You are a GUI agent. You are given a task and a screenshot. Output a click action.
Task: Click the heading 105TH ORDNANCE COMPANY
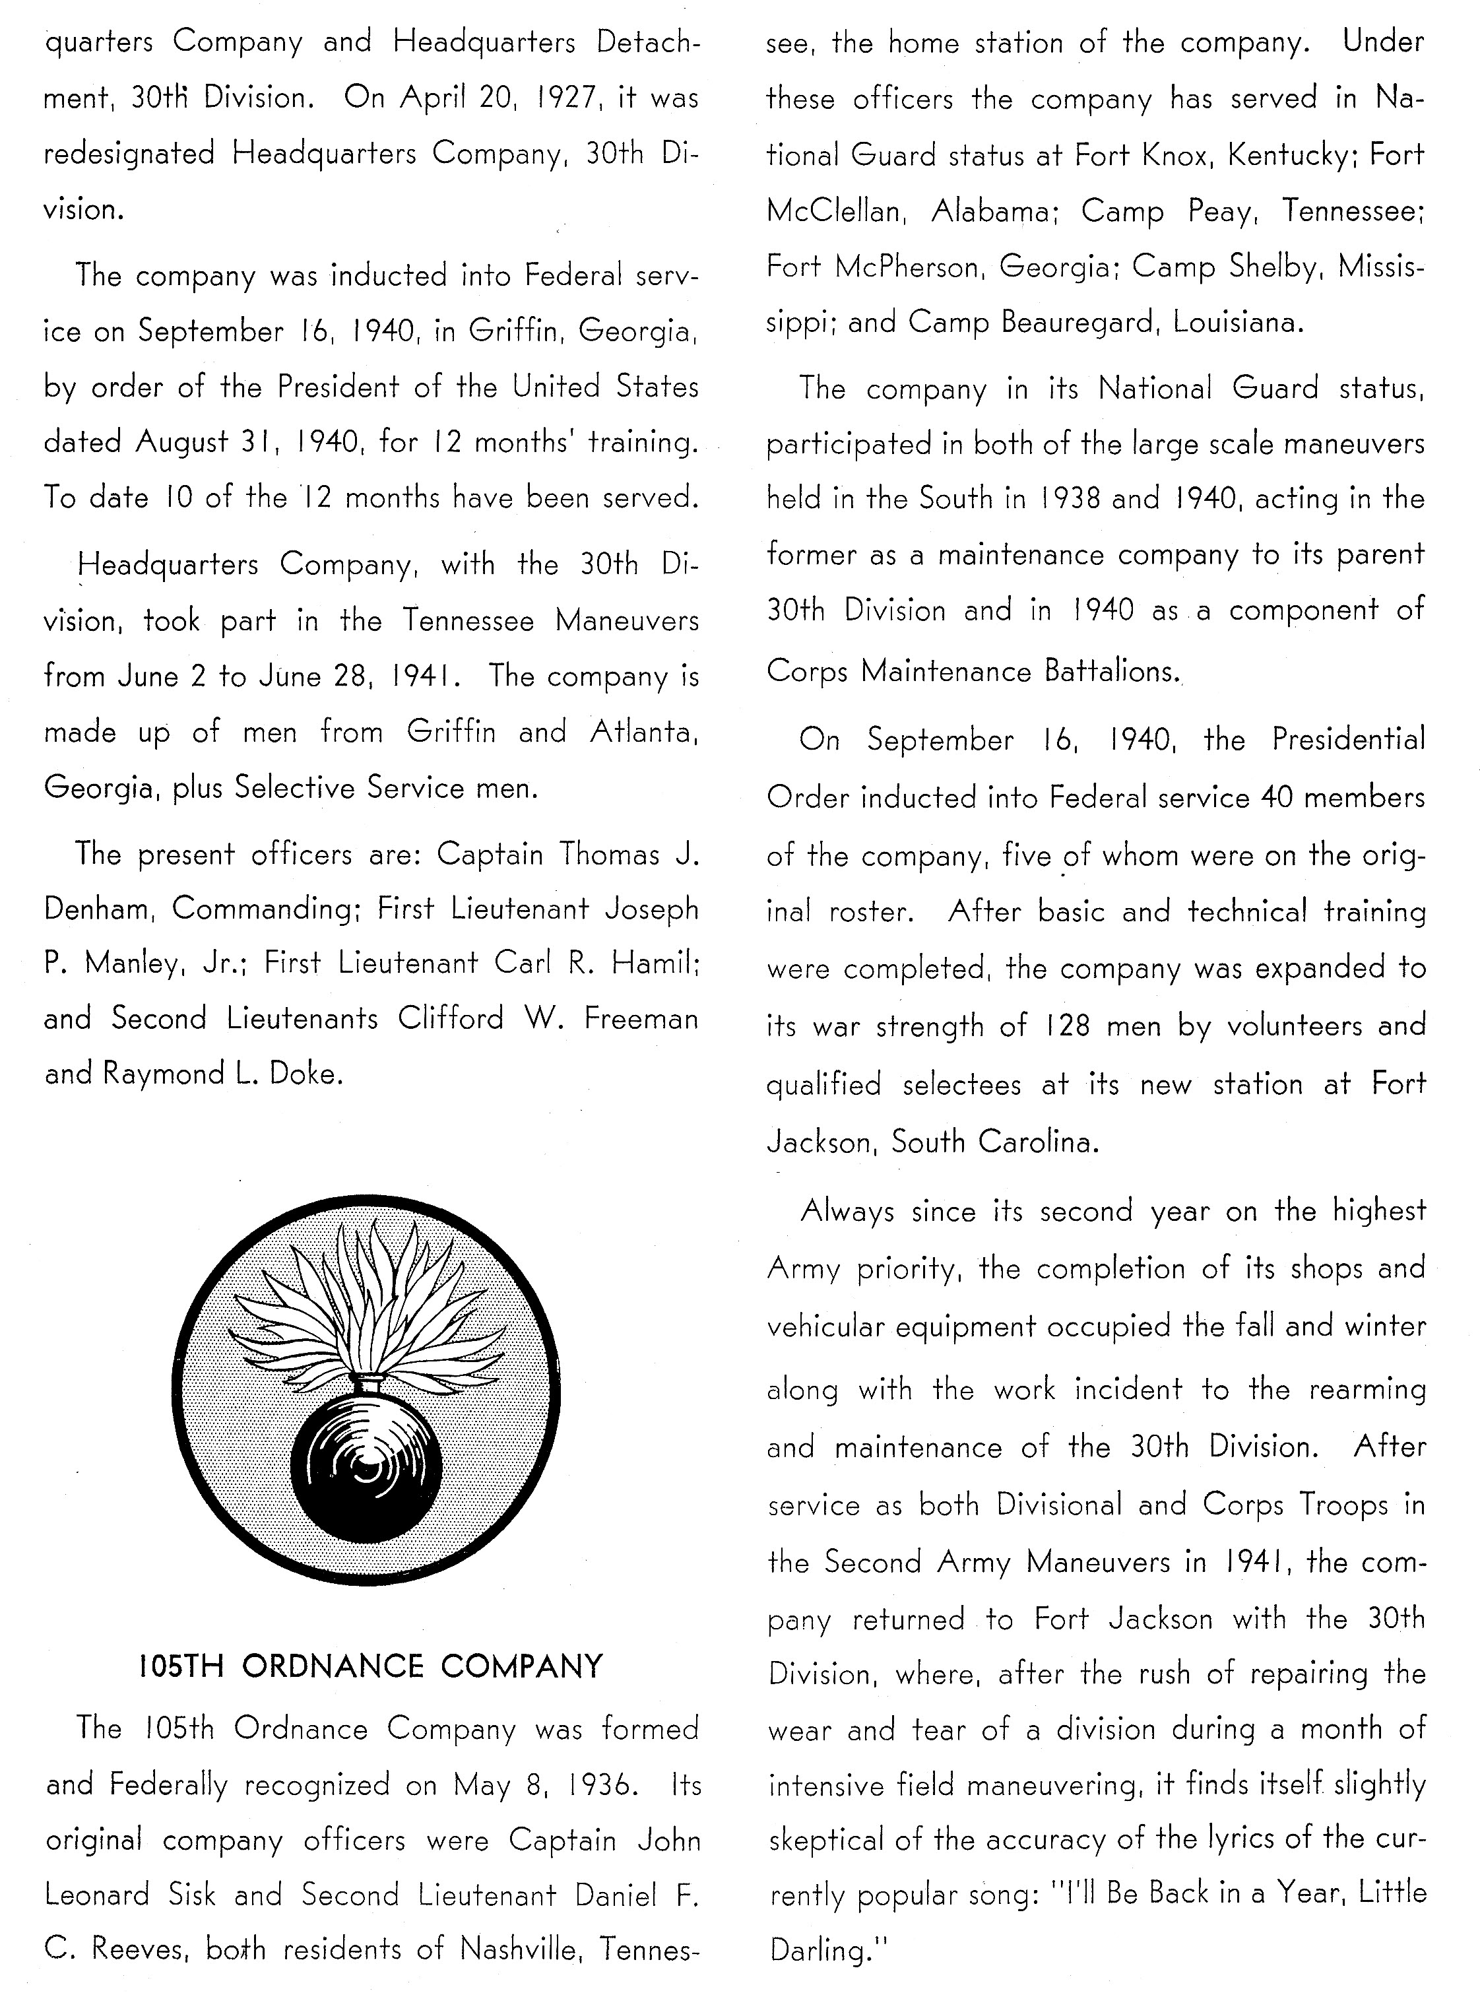tap(371, 1666)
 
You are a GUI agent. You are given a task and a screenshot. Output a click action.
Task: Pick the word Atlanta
tap(643, 732)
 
